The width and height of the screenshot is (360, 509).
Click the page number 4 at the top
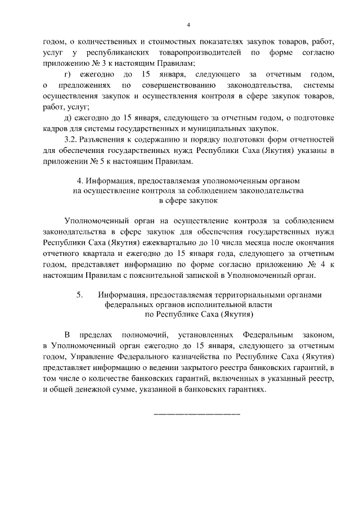click(188, 24)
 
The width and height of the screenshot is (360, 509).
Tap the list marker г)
click(68, 74)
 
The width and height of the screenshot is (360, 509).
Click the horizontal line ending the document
click(197, 414)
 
